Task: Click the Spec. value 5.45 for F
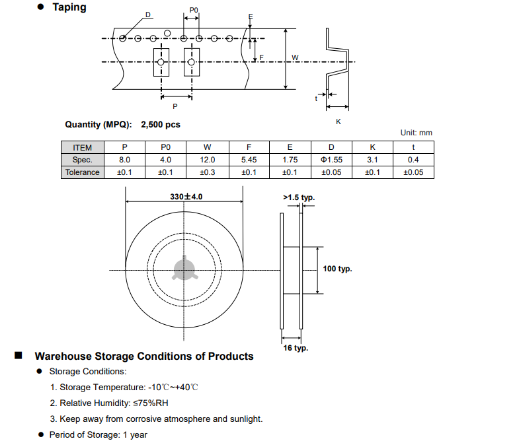pos(248,160)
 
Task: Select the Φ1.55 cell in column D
pos(331,160)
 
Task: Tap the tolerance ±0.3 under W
pos(207,172)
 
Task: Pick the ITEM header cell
pos(83,148)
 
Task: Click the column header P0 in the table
pos(165,148)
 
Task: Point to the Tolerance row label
pos(83,172)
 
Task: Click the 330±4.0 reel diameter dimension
pos(186,197)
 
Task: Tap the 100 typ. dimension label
pos(337,269)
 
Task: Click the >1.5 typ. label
pos(299,197)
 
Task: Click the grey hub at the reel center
pos(184,269)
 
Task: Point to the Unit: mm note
pos(416,133)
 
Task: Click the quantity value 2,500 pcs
pos(161,124)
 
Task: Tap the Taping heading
pos(69,7)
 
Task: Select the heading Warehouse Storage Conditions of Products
pos(144,357)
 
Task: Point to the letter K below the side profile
pos(339,121)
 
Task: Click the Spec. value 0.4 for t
pos(413,160)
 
